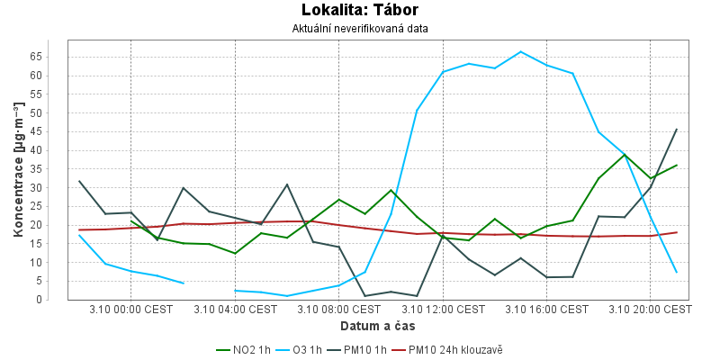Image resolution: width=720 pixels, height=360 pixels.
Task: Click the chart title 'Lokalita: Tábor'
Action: click(360, 11)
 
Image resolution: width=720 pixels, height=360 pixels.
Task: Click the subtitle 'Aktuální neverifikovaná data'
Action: click(360, 29)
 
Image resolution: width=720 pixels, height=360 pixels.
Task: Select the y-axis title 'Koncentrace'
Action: click(18, 170)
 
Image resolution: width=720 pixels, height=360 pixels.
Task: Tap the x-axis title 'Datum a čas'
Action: click(377, 325)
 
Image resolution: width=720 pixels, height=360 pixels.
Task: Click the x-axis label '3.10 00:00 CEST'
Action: click(130, 309)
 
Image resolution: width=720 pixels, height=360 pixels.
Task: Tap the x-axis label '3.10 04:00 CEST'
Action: click(235, 309)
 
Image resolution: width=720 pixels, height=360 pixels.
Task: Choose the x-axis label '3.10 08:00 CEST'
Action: click(338, 309)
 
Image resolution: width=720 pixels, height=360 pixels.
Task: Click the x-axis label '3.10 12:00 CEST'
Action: click(443, 309)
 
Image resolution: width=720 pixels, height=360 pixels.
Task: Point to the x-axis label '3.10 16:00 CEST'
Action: click(546, 309)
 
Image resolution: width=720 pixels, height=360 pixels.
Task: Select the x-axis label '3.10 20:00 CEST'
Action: click(650, 309)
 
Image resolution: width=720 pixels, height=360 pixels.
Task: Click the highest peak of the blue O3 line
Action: click(520, 51)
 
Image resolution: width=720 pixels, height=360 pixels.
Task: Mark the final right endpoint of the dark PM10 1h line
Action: click(676, 129)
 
